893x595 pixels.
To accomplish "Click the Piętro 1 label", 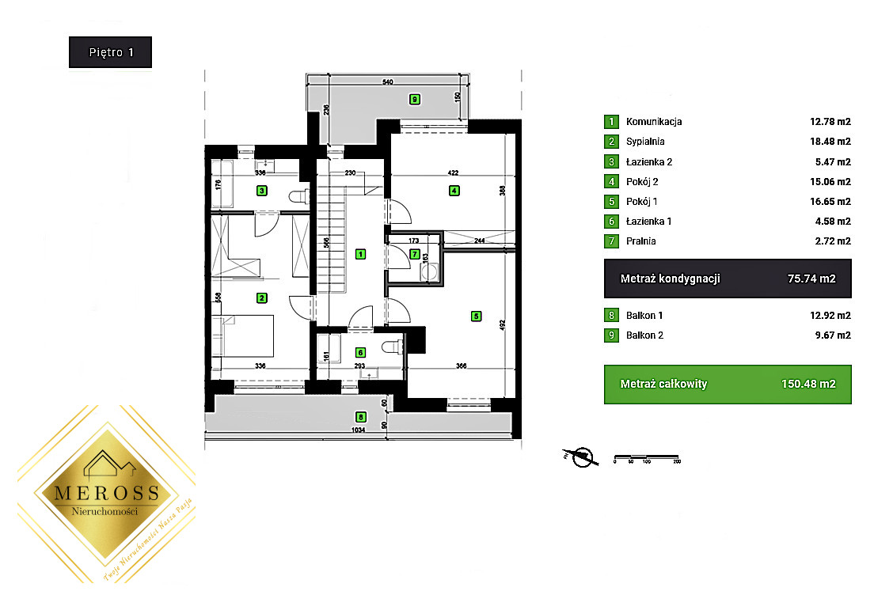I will click(110, 52).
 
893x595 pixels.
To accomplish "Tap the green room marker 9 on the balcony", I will click(414, 99).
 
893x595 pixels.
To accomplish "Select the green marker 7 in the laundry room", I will click(416, 254).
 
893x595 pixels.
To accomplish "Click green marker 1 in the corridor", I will click(360, 254).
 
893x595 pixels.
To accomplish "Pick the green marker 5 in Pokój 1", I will click(476, 316).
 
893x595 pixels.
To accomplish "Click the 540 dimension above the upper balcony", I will click(387, 81).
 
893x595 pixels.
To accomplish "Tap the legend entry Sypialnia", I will click(645, 142).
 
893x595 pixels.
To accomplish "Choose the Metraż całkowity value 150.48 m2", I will click(809, 385).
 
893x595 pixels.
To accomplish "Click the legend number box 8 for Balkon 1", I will click(611, 316).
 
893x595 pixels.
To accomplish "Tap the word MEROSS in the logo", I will click(107, 493).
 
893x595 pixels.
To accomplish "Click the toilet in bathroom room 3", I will click(298, 196).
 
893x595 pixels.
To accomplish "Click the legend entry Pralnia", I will click(640, 241).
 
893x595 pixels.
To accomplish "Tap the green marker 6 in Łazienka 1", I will click(360, 353).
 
